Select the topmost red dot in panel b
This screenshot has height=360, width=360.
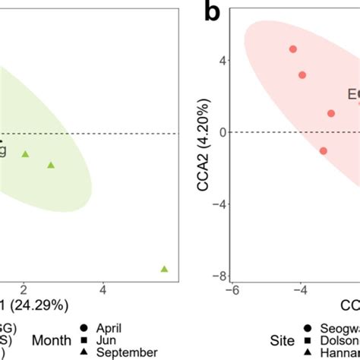click(x=293, y=49)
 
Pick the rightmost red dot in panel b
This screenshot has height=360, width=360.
click(x=331, y=113)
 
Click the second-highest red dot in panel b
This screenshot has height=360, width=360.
click(x=302, y=75)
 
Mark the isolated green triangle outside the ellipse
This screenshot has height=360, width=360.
click(x=164, y=269)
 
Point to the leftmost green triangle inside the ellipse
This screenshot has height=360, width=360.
click(x=25, y=154)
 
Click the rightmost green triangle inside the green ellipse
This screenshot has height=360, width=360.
click(x=51, y=165)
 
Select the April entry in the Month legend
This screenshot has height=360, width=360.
click(x=110, y=328)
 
